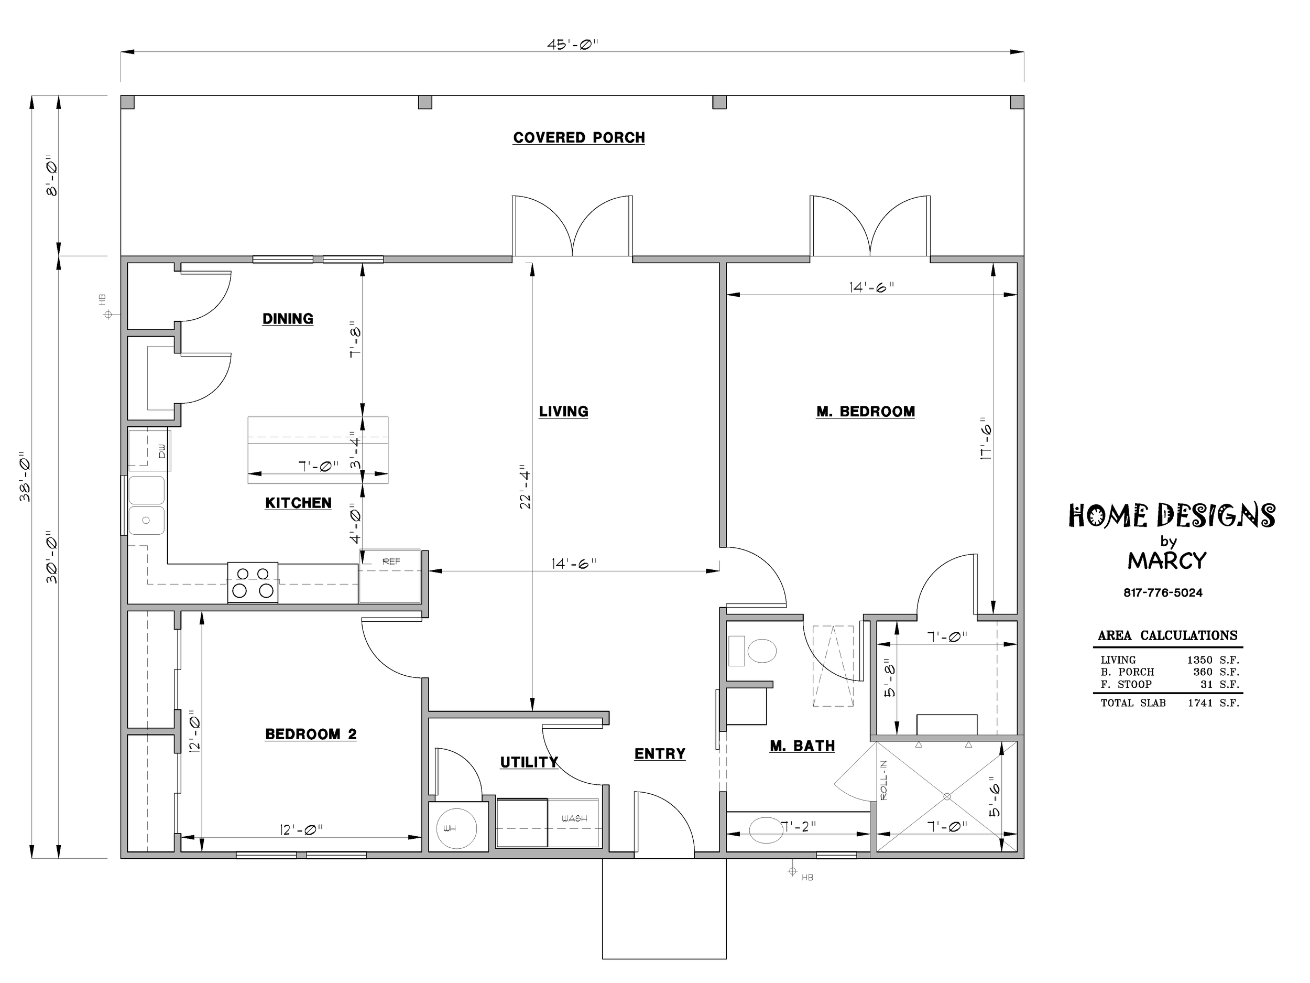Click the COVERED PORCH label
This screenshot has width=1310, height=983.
(578, 137)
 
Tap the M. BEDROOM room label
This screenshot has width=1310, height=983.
(865, 411)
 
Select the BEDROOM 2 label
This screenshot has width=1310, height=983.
(311, 734)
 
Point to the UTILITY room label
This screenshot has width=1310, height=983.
(529, 762)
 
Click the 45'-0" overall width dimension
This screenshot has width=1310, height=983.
(573, 45)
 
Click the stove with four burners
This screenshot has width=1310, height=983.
(253, 582)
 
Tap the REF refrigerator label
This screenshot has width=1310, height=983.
(391, 561)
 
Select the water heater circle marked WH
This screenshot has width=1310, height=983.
(456, 828)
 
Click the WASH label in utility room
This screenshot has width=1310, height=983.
(574, 818)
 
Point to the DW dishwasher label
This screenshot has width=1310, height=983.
(162, 451)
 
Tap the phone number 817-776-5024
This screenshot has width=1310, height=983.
(1163, 592)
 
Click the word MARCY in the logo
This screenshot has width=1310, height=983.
(1166, 560)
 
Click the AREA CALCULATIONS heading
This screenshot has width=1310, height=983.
(1168, 635)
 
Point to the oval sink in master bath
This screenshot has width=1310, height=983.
(766, 829)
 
